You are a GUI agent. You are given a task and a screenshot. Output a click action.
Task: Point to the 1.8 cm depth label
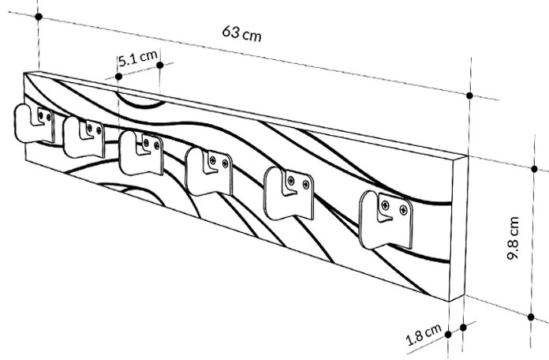point(423,339)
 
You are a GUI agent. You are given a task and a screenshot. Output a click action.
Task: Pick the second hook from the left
point(83,137)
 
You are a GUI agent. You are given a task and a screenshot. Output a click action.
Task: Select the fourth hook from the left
point(208,173)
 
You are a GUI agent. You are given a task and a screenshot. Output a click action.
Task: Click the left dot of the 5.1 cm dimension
point(118,77)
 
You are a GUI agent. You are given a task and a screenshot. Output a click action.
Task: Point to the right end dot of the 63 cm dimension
point(469,96)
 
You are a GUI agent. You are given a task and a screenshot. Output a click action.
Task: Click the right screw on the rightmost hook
point(404,210)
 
